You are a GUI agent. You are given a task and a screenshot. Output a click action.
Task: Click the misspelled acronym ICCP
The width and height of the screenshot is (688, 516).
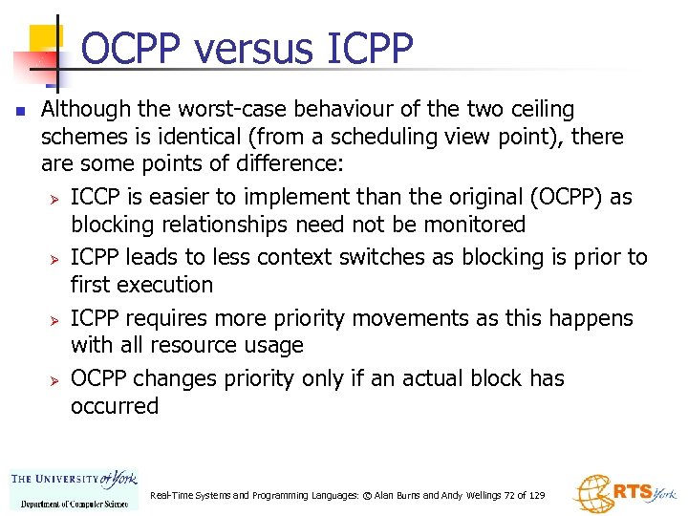tap(97, 198)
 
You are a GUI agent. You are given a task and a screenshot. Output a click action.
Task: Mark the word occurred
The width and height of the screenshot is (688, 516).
tap(115, 406)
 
